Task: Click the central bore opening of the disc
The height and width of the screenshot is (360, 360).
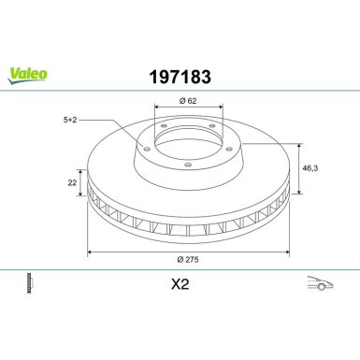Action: click(188, 146)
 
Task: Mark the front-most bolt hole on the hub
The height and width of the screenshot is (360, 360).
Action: click(188, 166)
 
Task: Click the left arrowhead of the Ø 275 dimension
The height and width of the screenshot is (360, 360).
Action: click(89, 252)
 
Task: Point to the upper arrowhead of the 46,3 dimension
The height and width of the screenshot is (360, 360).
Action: click(298, 145)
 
